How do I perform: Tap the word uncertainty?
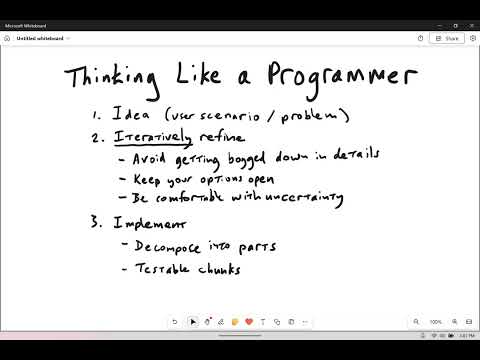click(x=301, y=198)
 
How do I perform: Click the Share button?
click(x=447, y=38)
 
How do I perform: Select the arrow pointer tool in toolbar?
click(x=193, y=322)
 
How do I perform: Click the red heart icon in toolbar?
click(x=247, y=322)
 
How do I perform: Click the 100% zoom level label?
click(x=435, y=322)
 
